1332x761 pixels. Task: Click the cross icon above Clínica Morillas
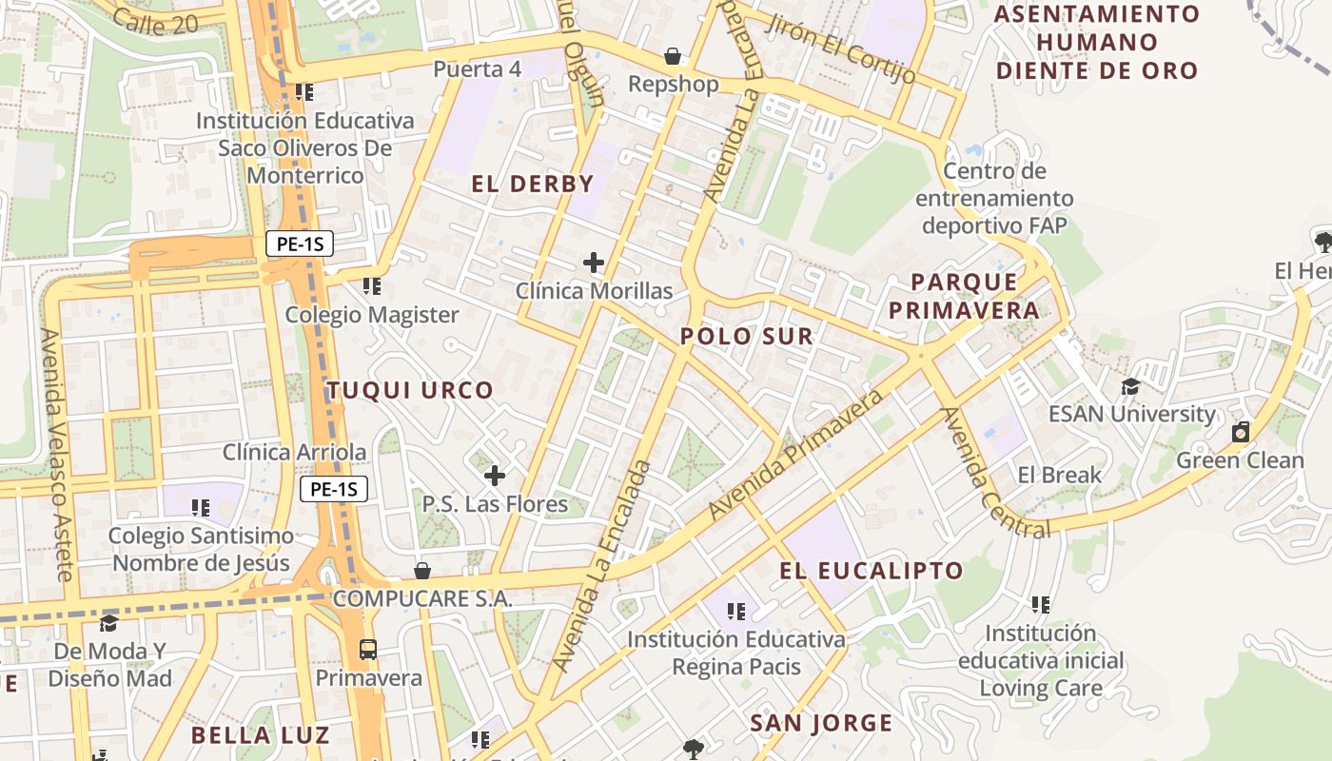(x=594, y=263)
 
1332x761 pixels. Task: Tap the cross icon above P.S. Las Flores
(x=495, y=475)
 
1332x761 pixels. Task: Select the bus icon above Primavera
(x=368, y=650)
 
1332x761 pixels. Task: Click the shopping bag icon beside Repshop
(x=673, y=56)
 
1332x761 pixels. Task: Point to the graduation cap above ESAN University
(x=1130, y=386)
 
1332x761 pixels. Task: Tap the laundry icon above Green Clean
(x=1241, y=433)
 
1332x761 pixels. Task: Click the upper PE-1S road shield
(x=300, y=244)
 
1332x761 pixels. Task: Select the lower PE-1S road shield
(x=334, y=490)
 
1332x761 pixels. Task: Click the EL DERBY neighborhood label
(x=533, y=185)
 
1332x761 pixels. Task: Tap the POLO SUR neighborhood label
(x=747, y=336)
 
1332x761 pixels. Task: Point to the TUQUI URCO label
(x=410, y=390)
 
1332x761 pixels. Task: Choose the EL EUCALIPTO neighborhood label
(x=872, y=571)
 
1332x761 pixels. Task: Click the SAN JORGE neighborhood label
(x=821, y=723)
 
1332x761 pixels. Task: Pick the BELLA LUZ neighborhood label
(x=260, y=735)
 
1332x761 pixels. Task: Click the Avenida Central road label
(x=993, y=473)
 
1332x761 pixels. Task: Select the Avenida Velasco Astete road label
(x=56, y=455)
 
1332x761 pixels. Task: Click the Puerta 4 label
(x=478, y=69)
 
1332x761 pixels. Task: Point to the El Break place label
(x=1059, y=475)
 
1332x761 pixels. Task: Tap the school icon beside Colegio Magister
(x=372, y=285)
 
